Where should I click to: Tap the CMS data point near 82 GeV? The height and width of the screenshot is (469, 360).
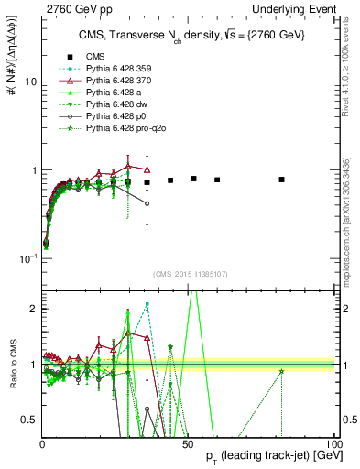[x=282, y=180]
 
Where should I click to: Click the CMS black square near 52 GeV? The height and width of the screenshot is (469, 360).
[x=194, y=179]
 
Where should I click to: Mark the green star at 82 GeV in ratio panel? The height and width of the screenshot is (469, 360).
[x=282, y=371]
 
